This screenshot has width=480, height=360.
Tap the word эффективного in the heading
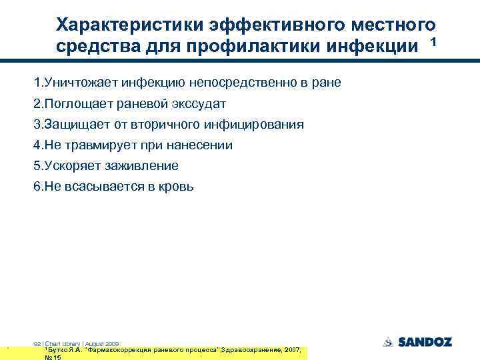pyautogui.click(x=253, y=25)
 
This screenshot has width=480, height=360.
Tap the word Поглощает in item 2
pyautogui.click(x=72, y=103)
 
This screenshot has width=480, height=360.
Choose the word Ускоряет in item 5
pyautogui.click(x=69, y=165)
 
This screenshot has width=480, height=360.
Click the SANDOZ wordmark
pyautogui.click(x=425, y=342)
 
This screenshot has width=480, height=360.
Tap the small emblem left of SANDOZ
pyautogui.click(x=388, y=342)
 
